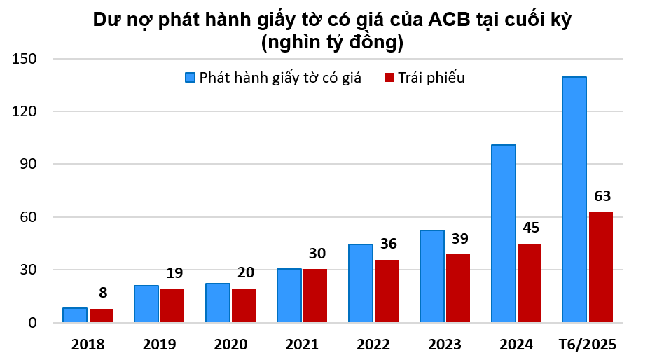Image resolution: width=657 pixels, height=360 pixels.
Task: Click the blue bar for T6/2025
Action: (574, 200)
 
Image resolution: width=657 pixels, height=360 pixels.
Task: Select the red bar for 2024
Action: (530, 283)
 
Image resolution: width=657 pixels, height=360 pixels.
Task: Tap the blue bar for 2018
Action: (75, 315)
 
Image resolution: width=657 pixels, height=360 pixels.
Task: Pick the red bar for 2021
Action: (315, 296)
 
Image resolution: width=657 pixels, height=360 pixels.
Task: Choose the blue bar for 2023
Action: (432, 276)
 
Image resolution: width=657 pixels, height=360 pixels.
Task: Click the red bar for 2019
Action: (172, 305)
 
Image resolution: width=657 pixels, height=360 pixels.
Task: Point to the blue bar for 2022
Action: (361, 283)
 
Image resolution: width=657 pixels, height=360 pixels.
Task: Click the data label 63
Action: (602, 195)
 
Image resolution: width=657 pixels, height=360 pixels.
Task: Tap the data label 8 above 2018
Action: (104, 293)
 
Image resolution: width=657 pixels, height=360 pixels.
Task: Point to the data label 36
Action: (388, 244)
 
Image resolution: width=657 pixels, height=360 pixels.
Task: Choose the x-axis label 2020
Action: (230, 345)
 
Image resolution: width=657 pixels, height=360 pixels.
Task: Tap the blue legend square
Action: (190, 78)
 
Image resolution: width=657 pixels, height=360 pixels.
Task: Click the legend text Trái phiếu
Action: (431, 78)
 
